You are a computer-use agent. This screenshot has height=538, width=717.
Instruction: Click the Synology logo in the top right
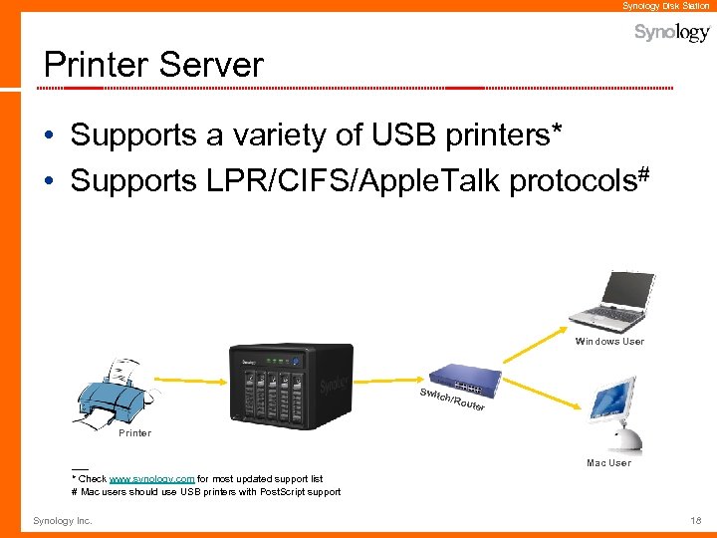672,33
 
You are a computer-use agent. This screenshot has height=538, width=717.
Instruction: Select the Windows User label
609,342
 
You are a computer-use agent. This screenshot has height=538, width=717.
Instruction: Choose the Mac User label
608,463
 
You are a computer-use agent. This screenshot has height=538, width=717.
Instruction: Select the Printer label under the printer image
134,433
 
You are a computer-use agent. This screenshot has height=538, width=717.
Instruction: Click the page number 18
695,521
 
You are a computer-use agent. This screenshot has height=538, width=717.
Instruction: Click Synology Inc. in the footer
62,521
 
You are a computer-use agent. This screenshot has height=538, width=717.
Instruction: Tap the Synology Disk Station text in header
666,6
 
